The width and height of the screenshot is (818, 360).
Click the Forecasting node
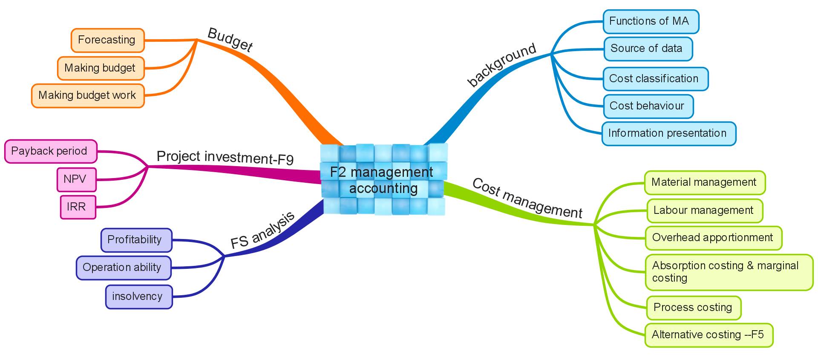coord(108,40)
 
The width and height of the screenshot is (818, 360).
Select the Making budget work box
coord(88,95)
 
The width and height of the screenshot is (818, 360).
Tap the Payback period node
coord(51,151)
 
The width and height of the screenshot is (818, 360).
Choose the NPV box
coord(77,179)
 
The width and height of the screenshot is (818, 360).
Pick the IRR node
coord(78,207)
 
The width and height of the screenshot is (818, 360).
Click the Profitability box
coord(136,240)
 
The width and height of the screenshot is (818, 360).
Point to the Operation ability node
coord(124,268)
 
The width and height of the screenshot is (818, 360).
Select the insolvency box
coord(139,297)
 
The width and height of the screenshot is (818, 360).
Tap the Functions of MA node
coord(651,21)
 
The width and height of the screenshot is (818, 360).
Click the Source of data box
coord(648,49)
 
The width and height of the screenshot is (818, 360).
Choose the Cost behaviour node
coord(648,106)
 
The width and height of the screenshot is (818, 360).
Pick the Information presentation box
coord(669,134)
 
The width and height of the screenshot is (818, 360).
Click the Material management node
coord(705,183)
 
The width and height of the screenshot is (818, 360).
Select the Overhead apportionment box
coord(714,238)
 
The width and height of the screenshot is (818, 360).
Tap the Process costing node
coord(694,308)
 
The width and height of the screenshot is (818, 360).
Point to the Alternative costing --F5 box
coord(709,335)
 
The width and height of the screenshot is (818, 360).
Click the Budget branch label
coord(230,40)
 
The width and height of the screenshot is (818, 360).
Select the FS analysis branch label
coord(262,230)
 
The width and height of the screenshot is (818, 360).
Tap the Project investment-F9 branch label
coord(225,157)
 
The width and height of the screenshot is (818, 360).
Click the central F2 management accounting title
coord(382,180)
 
